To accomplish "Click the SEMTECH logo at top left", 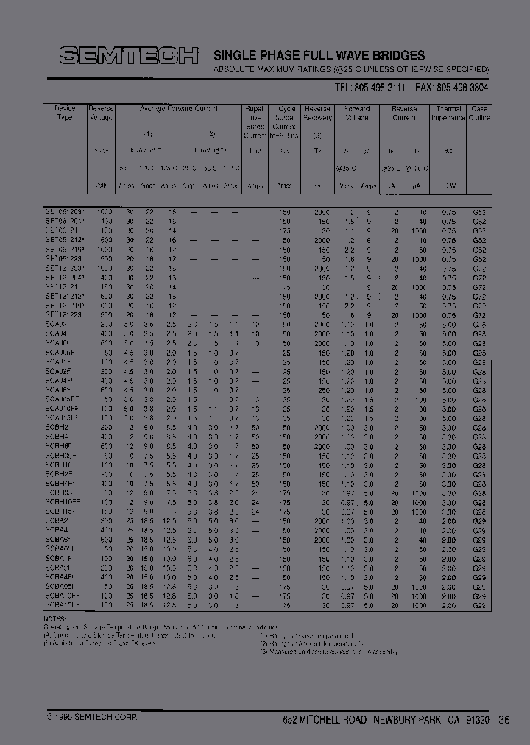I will pos(129,55).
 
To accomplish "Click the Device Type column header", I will pos(65,113).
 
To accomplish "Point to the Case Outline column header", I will pos(480,113).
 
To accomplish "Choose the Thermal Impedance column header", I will pos(448,113).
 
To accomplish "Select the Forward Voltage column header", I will pos(356,113).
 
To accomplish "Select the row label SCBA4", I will pos(57,529).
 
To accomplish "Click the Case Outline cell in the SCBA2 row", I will pos(479,520).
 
